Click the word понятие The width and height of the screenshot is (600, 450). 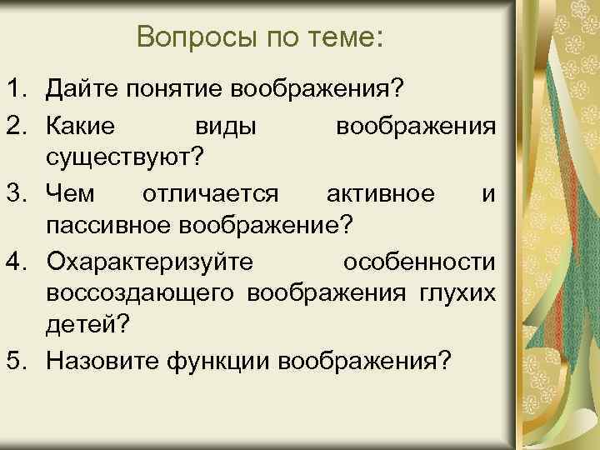point(178,87)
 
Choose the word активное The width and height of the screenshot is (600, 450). point(380,194)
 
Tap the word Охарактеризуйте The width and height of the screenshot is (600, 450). point(150,262)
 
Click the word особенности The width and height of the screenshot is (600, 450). point(420,262)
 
